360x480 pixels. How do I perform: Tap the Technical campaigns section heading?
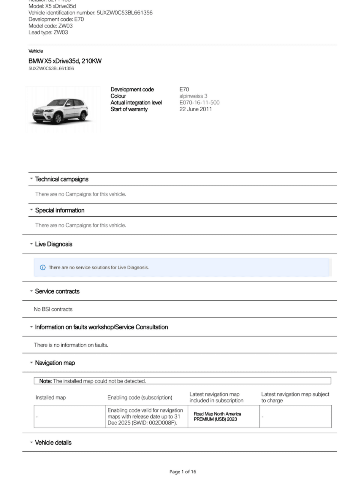point(61,179)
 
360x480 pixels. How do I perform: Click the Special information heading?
point(60,210)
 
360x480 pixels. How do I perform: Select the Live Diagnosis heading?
point(53,244)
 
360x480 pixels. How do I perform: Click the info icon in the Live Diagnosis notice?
point(43,267)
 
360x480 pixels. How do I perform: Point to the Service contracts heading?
point(57,291)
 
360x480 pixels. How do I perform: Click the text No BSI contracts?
point(53,309)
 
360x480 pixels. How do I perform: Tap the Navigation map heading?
point(55,363)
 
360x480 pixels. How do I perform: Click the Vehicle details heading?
point(53,442)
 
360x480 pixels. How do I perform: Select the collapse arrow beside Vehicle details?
point(31,442)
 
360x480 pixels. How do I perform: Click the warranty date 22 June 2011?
point(196,109)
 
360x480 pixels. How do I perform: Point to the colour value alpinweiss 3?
point(193,96)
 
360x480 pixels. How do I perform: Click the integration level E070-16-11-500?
point(199,103)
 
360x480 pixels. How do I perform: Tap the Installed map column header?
point(50,397)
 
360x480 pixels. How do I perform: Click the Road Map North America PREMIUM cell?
point(217,416)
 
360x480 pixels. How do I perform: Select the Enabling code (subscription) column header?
point(139,397)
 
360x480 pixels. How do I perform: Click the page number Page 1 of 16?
point(183,472)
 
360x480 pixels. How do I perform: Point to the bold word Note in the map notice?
point(45,381)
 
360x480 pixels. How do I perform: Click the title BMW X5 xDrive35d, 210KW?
point(65,61)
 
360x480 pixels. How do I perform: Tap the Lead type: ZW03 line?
point(48,32)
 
